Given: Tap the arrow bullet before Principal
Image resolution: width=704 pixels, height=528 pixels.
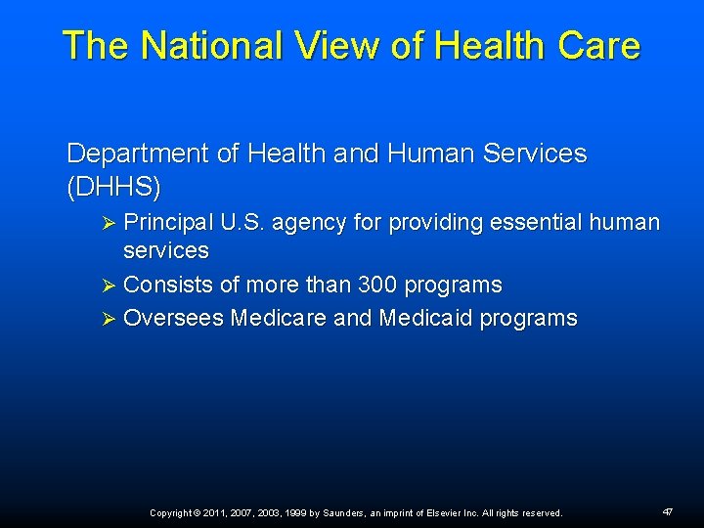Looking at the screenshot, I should tap(110, 223).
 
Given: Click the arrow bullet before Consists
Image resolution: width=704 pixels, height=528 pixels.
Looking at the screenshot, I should tap(110, 286).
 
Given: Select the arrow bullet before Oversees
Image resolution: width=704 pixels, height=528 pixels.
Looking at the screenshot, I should tap(110, 319).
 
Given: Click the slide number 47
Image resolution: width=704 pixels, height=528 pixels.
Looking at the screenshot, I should tap(668, 511).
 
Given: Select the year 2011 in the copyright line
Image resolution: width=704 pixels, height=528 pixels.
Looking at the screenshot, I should tap(214, 512).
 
